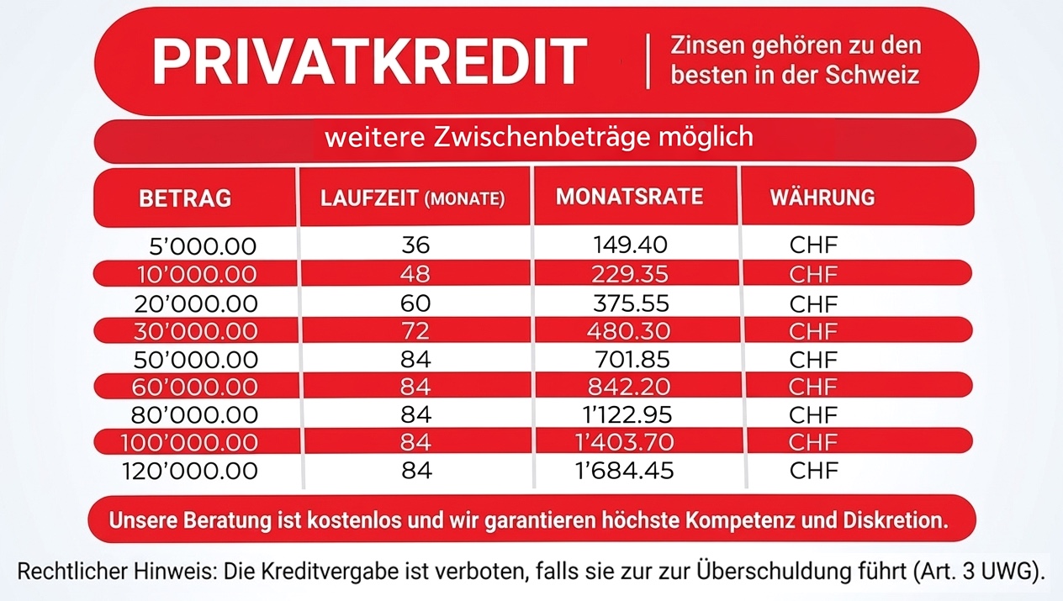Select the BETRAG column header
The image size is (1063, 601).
click(x=185, y=199)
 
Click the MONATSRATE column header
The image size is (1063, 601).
click(x=629, y=197)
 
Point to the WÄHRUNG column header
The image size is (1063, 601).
click(x=822, y=198)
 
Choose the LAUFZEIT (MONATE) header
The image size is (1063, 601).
click(x=412, y=199)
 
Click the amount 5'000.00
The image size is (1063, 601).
click(x=202, y=247)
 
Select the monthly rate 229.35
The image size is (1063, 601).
click(x=629, y=275)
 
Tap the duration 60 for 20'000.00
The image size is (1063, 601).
click(x=416, y=303)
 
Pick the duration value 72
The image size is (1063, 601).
click(x=416, y=330)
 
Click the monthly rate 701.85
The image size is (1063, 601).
click(x=631, y=360)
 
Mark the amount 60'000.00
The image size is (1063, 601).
click(x=195, y=387)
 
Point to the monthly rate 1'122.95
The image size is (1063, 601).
click(x=624, y=415)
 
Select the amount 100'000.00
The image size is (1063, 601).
click(x=189, y=443)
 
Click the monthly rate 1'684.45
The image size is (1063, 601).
click(x=624, y=471)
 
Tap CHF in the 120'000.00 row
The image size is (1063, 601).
click(x=814, y=471)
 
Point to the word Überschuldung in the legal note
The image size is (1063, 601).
click(x=769, y=572)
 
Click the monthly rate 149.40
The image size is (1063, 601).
click(x=630, y=245)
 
